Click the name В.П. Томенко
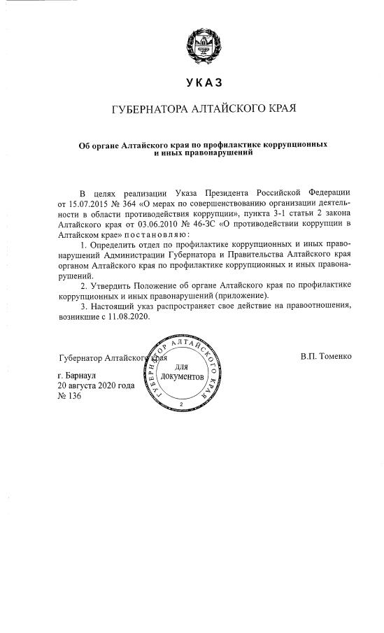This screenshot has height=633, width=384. tap(326, 357)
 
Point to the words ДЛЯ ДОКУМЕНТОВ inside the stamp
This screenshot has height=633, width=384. tap(180, 373)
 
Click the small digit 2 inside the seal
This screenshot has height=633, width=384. tap(181, 404)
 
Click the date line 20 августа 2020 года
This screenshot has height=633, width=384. tap(96, 385)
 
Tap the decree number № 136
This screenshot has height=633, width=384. tap(70, 396)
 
